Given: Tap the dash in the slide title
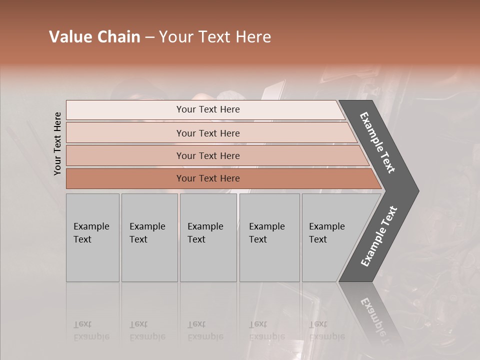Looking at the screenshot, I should [149, 37].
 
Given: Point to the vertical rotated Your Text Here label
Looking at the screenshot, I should [58, 143].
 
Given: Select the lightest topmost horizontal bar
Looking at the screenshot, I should [205, 109].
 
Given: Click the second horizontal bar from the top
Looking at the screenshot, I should [208, 133].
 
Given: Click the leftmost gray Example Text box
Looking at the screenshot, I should [92, 237].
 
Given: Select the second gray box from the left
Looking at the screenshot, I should [149, 237].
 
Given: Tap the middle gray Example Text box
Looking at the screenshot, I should [208, 237].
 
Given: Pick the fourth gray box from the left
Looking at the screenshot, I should [269, 237].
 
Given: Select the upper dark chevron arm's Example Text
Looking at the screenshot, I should [377, 142].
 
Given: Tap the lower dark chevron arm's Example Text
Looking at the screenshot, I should [378, 236].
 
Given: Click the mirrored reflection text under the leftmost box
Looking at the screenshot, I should [91, 331].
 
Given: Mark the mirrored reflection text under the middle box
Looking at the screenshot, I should [205, 331].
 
